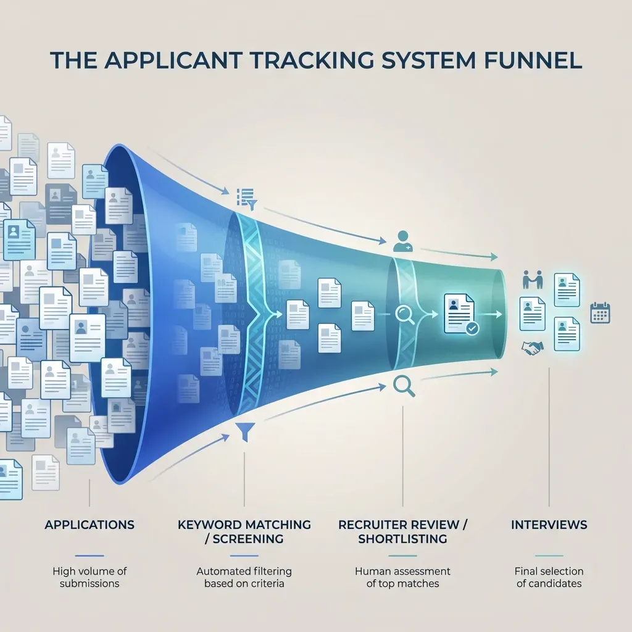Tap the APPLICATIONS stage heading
point(89,525)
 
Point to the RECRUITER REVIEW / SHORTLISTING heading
point(403,531)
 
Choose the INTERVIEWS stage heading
point(549,525)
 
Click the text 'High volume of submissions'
point(89,577)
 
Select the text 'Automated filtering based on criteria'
point(244,577)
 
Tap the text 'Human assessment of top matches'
point(403,577)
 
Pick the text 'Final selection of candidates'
point(549,577)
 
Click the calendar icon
point(600,312)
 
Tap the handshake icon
point(531,349)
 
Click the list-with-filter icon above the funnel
point(246,197)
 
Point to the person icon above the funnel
point(402,241)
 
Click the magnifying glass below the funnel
point(402,386)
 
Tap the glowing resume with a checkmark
point(458,314)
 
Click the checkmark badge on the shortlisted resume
point(472,328)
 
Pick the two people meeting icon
point(531,280)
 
